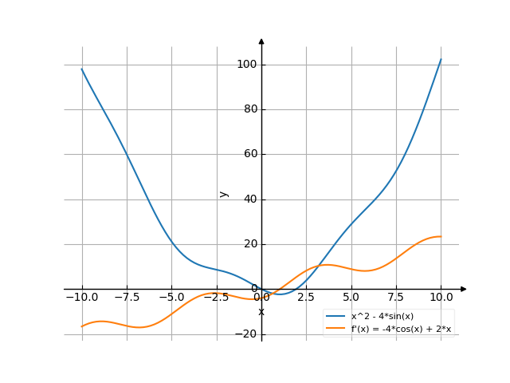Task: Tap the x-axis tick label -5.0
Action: (171, 298)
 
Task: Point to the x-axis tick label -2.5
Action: (216, 298)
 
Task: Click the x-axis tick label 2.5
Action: (306, 298)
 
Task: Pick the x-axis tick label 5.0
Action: (351, 298)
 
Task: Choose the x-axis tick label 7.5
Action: (396, 298)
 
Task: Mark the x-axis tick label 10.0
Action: (441, 298)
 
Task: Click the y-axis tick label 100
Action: (246, 65)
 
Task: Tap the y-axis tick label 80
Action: (249, 109)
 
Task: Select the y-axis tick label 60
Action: (249, 154)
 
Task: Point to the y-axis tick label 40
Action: (249, 199)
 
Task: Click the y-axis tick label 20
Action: (249, 244)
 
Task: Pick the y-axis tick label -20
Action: (246, 334)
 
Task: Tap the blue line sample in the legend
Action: (335, 317)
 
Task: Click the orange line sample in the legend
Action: (335, 328)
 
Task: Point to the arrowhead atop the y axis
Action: (261, 40)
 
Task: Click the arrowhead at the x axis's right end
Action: (464, 289)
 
